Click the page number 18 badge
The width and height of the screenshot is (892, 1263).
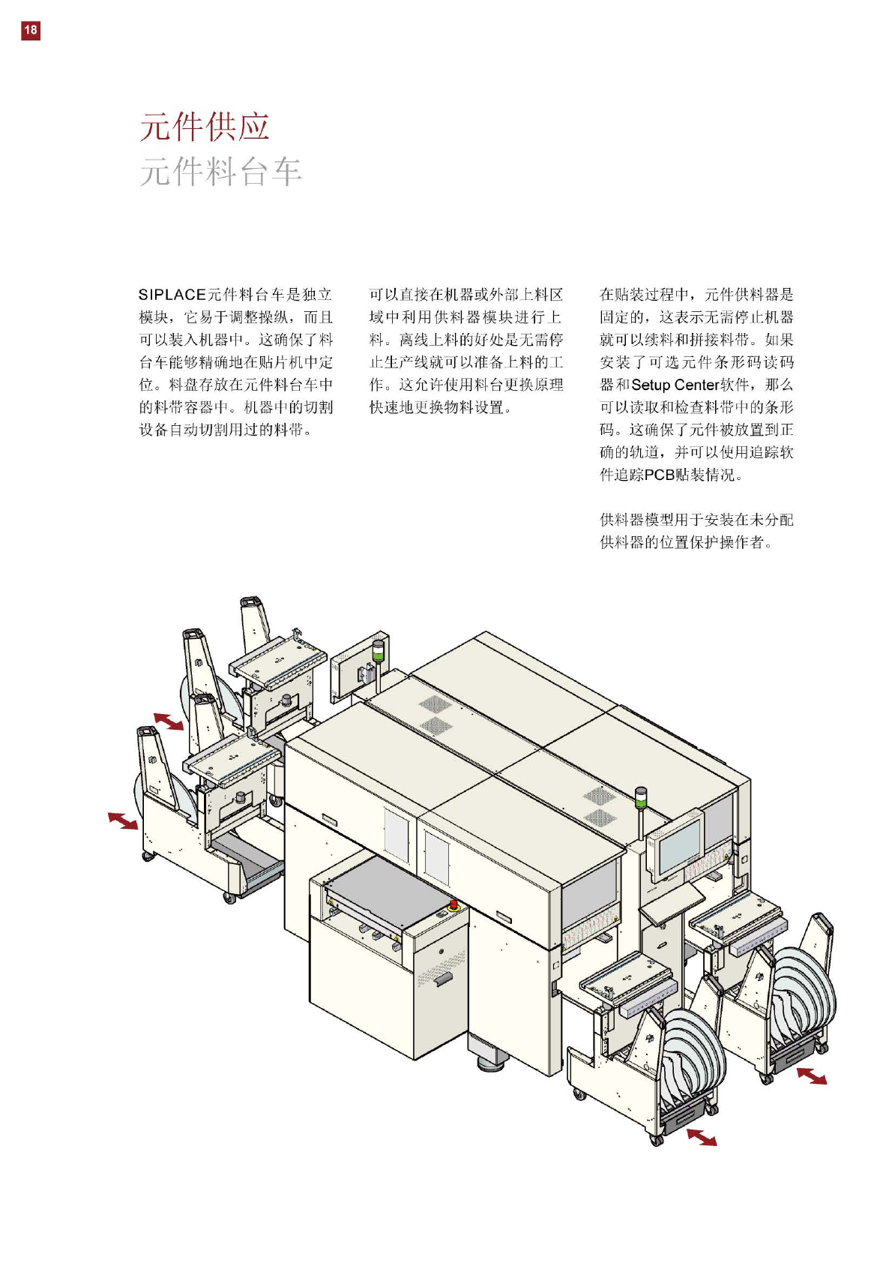pos(30,30)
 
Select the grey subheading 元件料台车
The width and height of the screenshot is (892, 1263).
pos(220,172)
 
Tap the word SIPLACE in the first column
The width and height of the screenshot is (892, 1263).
pos(172,295)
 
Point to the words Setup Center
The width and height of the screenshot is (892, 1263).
pos(675,385)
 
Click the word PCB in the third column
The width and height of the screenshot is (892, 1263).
pos(659,475)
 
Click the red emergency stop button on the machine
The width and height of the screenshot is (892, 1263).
pos(453,905)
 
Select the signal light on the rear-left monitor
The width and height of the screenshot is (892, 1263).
pos(378,649)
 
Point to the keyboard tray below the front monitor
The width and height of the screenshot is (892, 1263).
pos(671,904)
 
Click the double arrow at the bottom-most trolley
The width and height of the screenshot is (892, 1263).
pos(702,1136)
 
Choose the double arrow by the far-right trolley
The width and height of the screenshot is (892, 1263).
pos(811,1076)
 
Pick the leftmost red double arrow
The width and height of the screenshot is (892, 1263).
pos(123,820)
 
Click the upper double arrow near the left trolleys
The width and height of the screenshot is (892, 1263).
pos(169,721)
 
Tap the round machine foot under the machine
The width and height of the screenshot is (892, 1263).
pos(491,1063)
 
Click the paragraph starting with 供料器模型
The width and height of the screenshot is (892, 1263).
pos(696,530)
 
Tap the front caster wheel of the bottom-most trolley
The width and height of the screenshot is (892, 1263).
pos(657,1141)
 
